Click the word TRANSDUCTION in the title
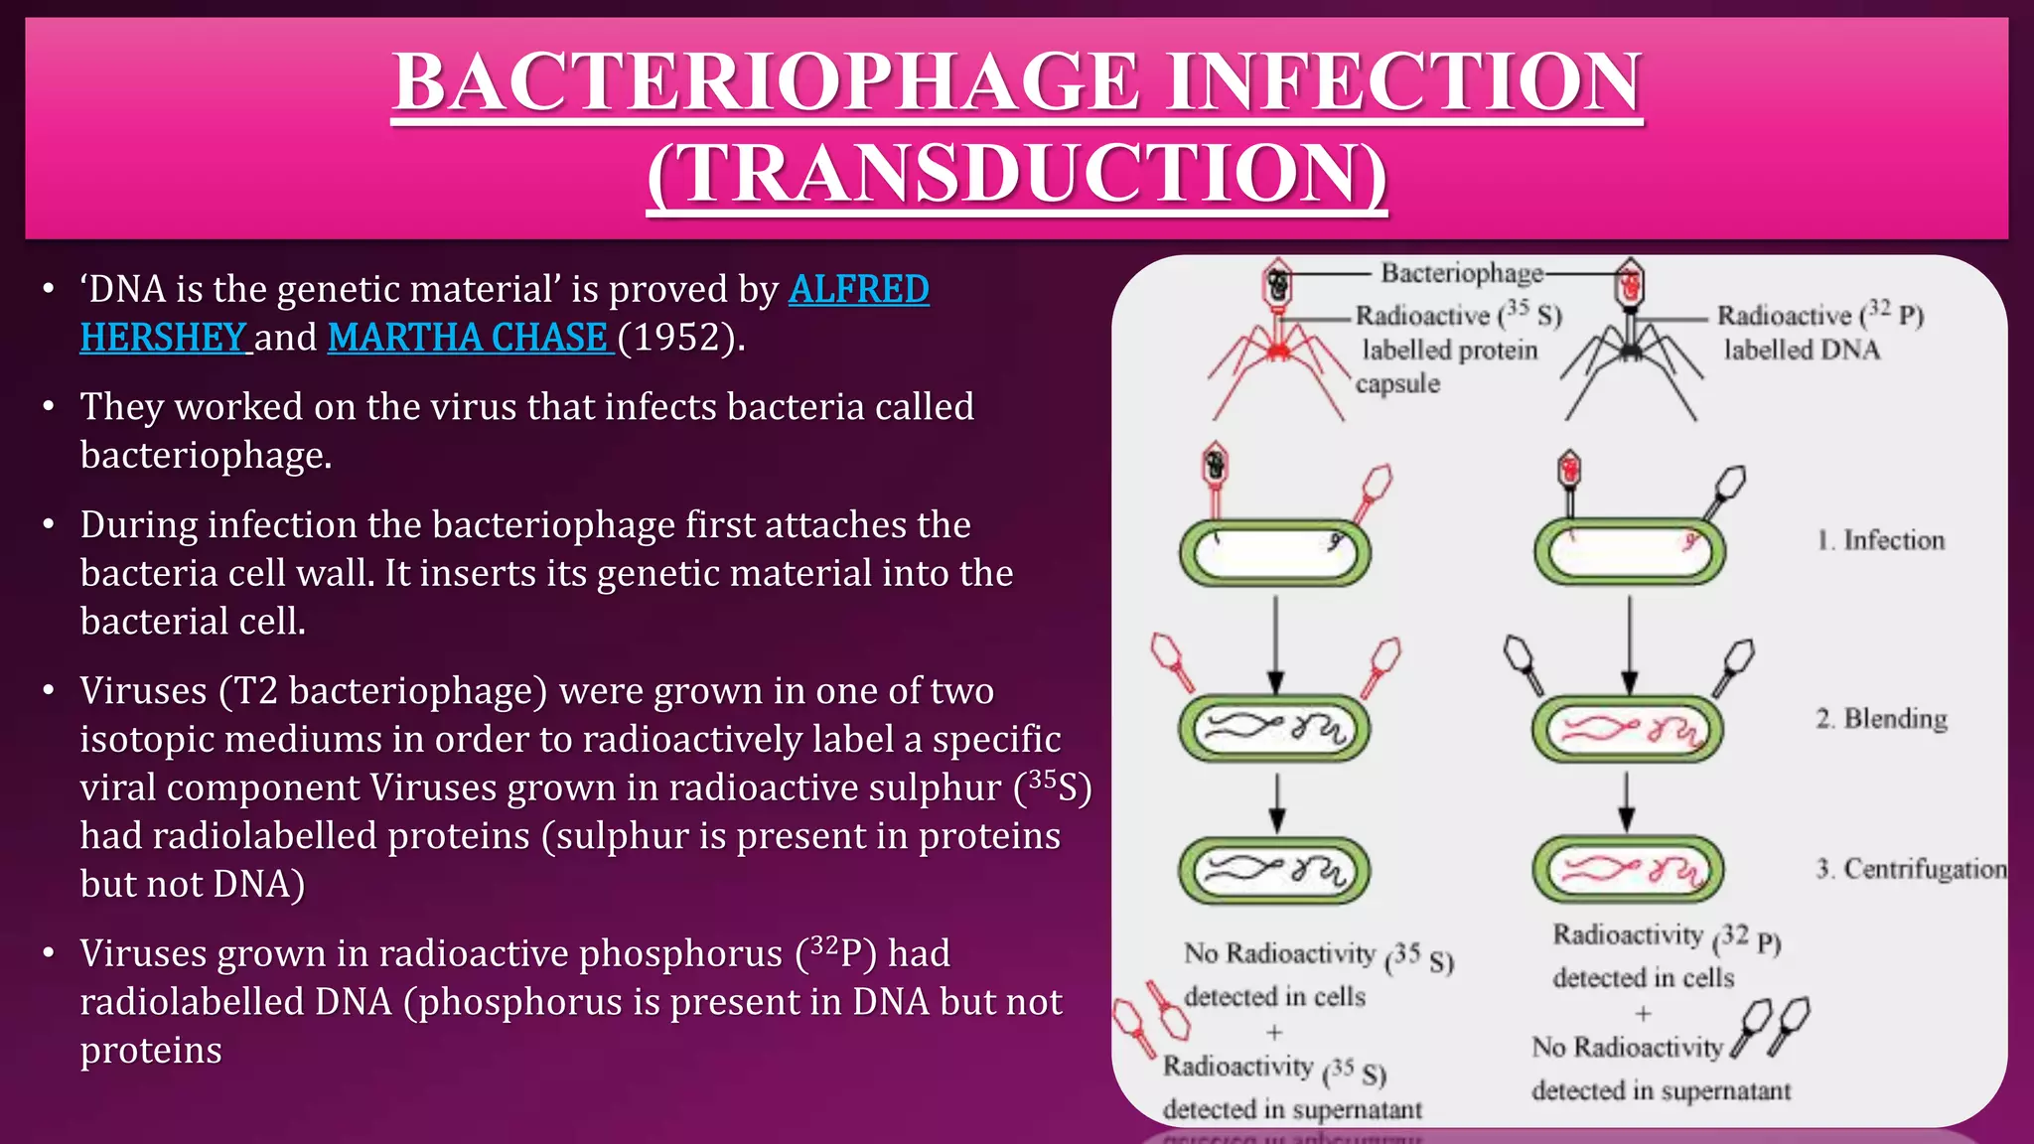1017,174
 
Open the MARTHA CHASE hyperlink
468,338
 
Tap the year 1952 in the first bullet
679,338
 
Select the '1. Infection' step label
1880,540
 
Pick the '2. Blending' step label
1881,718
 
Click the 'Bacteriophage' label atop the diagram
1462,273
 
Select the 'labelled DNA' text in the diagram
1802,350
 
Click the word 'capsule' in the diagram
1397,383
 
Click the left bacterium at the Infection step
1275,552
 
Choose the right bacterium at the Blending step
1629,729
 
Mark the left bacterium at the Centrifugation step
1275,871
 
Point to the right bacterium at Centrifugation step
1629,870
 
